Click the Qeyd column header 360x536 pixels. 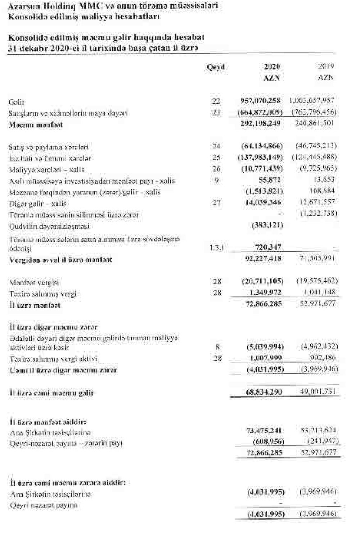pos(216,67)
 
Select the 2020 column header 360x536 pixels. pos(272,67)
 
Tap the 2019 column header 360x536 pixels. pos(326,66)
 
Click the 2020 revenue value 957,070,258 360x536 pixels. pos(260,101)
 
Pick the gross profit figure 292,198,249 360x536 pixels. pos(261,124)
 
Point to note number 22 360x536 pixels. pos(216,101)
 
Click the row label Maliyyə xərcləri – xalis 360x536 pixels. pos(46,169)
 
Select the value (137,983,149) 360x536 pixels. pos(260,157)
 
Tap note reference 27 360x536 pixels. pos(216,203)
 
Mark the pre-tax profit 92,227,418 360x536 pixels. pos(264,259)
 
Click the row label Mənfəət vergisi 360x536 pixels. pos(34,282)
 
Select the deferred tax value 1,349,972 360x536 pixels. pos(266,292)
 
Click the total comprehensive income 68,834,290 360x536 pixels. pos(264,392)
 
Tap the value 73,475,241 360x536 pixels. pos(264,431)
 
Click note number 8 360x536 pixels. pos(217,348)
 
